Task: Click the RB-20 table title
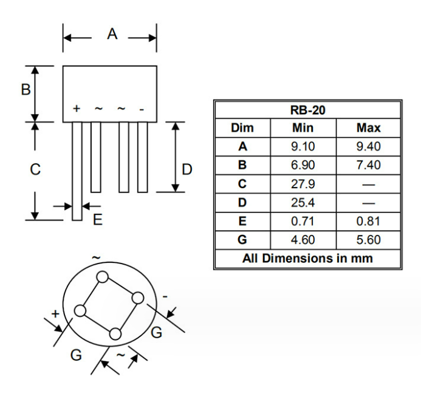307,110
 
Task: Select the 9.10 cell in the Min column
303,146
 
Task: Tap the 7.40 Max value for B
368,165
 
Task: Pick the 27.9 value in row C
303,183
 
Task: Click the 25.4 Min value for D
303,202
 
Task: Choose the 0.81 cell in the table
368,221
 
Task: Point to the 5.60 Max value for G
368,240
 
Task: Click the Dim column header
242,128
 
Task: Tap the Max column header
368,128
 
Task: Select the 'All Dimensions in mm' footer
307,258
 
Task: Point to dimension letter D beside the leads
187,169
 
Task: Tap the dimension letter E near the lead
97,220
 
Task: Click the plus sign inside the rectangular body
77,109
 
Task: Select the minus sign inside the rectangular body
142,109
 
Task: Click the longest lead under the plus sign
77,170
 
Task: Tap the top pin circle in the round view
102,277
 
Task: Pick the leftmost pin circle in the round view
79,311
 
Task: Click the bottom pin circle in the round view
115,333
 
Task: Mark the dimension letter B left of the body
26,90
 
